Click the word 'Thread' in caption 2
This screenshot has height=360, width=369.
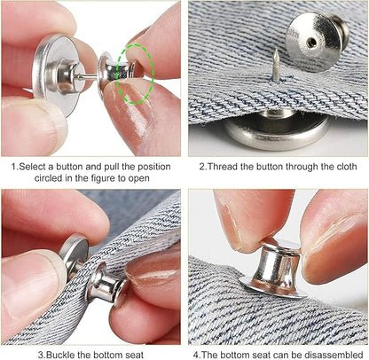click(223, 166)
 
